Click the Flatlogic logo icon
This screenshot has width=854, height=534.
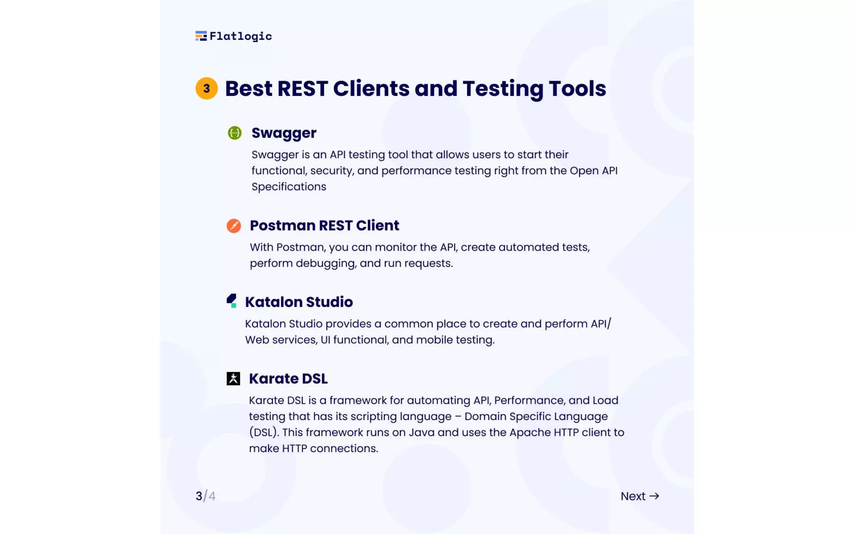(201, 36)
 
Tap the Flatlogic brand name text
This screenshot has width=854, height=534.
(241, 36)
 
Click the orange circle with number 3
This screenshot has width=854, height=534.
(206, 88)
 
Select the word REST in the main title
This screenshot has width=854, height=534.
(303, 88)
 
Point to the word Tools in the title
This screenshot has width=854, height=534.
(577, 88)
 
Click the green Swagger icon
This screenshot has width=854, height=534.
(235, 133)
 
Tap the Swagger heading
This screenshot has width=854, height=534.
(284, 133)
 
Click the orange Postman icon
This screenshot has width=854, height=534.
(234, 226)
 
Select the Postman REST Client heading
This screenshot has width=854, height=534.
(324, 226)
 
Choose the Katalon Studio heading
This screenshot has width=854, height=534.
(299, 302)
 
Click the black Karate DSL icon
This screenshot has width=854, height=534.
(234, 378)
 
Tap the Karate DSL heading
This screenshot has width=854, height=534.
(288, 379)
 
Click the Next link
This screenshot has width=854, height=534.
(633, 496)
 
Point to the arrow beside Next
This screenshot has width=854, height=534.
(654, 496)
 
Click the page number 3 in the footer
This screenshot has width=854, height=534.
(199, 496)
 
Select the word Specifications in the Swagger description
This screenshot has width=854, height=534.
(289, 187)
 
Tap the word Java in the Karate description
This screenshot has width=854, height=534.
(422, 433)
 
